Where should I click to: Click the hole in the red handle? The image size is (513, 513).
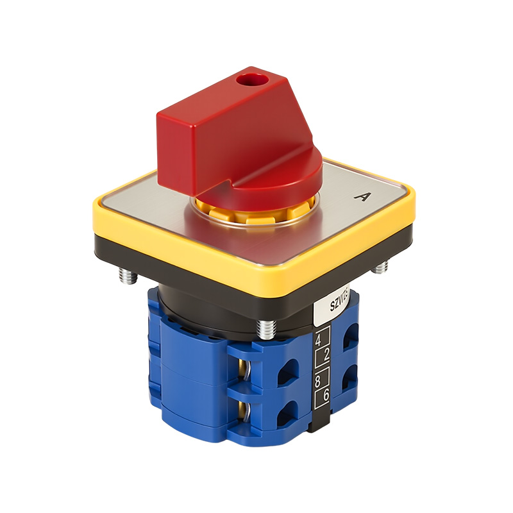(246, 81)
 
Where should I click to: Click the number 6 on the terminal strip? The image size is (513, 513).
(325, 396)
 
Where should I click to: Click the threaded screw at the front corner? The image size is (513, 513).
(265, 328)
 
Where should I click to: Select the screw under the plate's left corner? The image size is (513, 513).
(126, 276)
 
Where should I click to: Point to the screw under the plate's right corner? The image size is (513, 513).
(380, 267)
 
